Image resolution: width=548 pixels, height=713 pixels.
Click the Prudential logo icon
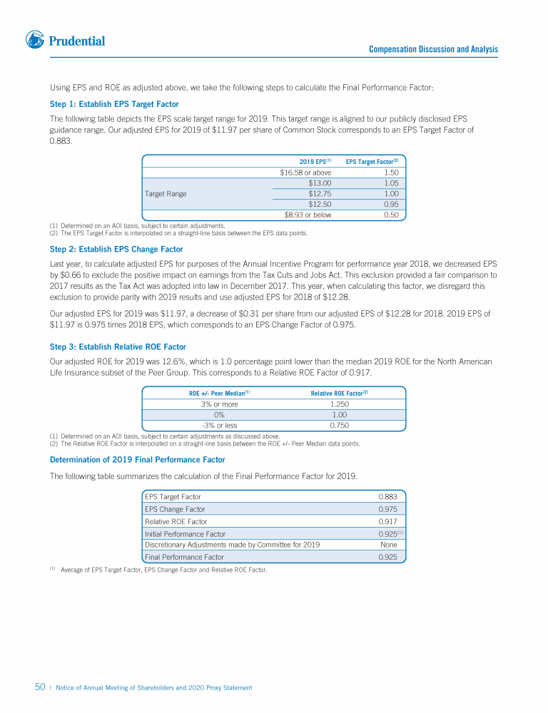35,40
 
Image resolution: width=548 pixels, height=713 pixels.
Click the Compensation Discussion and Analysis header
433,49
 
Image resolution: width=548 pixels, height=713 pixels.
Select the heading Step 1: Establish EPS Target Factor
113,104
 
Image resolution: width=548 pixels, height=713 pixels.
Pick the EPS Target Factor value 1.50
390,173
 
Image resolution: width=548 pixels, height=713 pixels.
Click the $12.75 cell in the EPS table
319,193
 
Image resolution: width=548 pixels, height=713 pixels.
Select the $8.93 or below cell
308,215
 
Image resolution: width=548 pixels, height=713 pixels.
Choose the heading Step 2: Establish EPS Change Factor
116,249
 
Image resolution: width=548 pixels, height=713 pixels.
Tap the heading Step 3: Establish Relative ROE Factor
118,347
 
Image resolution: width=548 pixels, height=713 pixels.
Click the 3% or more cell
219,404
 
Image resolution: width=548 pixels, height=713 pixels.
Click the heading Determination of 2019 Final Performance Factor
137,459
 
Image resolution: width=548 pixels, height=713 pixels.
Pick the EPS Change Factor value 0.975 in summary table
387,509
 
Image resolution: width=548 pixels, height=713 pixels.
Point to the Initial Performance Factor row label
185,533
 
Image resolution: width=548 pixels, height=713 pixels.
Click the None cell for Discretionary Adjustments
389,545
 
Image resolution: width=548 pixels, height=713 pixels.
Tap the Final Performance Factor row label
184,557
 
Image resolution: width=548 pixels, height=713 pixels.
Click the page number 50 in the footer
41,687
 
